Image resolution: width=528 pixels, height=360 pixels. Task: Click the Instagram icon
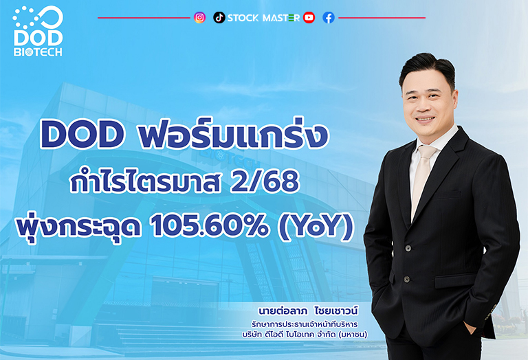click(x=199, y=17)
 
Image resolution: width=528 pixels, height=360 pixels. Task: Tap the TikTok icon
click(x=219, y=17)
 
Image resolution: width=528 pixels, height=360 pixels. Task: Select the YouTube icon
click(x=309, y=17)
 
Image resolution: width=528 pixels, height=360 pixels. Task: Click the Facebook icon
click(x=329, y=17)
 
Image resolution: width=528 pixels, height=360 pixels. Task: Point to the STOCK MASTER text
click(x=263, y=18)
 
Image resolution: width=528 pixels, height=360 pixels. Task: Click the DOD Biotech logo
click(x=38, y=32)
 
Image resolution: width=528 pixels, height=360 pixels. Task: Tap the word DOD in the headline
click(x=82, y=135)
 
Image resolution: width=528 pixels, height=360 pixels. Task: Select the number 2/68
click(x=265, y=182)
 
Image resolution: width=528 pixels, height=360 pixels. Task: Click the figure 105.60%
click(x=210, y=226)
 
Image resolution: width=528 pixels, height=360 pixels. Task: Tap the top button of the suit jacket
click(x=408, y=248)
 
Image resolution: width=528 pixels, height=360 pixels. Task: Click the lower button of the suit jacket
click(x=406, y=279)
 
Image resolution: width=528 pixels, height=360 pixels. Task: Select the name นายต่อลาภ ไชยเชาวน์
click(x=308, y=311)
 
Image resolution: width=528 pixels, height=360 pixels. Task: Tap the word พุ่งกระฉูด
click(x=78, y=226)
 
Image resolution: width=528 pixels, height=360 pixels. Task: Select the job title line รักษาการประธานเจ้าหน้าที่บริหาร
click(x=305, y=325)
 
